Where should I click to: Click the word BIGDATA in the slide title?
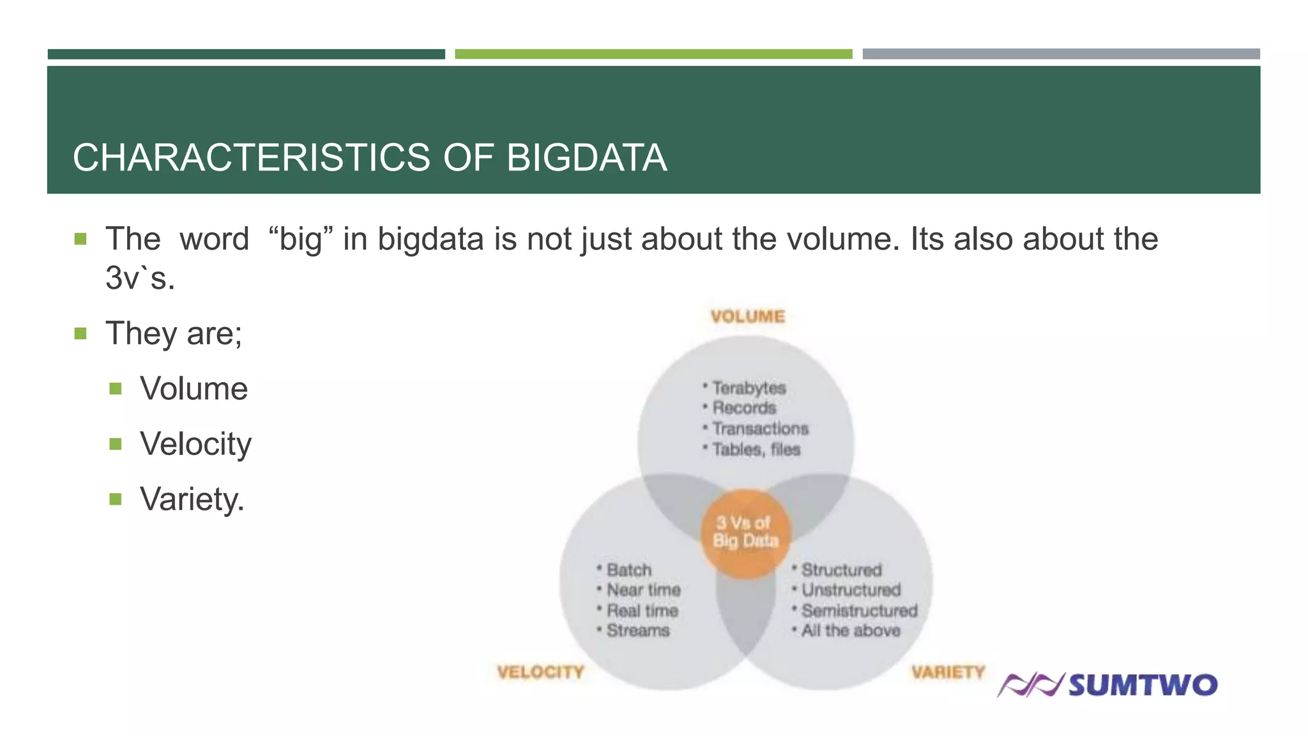pyautogui.click(x=586, y=158)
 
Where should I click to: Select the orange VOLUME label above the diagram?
pyautogui.click(x=747, y=317)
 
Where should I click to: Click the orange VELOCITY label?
pyautogui.click(x=540, y=672)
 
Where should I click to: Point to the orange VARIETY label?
pyautogui.click(x=948, y=672)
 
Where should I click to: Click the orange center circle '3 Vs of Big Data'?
pyautogui.click(x=745, y=533)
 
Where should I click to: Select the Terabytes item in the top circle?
pyautogui.click(x=749, y=388)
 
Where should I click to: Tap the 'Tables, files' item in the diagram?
pyautogui.click(x=756, y=450)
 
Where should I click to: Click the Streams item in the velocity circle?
pyautogui.click(x=637, y=631)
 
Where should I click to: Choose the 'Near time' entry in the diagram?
pyautogui.click(x=643, y=590)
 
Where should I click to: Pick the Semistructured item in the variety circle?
pyautogui.click(x=859, y=611)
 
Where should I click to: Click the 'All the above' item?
pyautogui.click(x=850, y=631)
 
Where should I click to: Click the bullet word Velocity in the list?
pyautogui.click(x=195, y=444)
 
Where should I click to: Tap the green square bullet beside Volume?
pyautogui.click(x=116, y=388)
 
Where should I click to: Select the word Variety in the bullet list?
pyautogui.click(x=192, y=499)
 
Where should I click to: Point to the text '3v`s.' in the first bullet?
pyautogui.click(x=140, y=278)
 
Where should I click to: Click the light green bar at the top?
pyautogui.click(x=653, y=54)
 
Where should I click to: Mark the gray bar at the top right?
pyautogui.click(x=1061, y=54)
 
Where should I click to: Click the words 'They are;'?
pyautogui.click(x=174, y=333)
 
